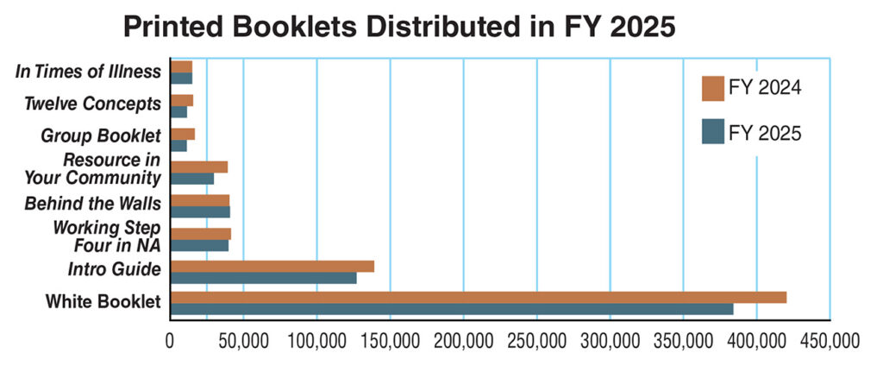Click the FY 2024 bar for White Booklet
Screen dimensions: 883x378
pyautogui.click(x=478, y=298)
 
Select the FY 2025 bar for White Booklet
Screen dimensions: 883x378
pyautogui.click(x=452, y=309)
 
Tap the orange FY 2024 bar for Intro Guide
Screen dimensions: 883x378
pyautogui.click(x=272, y=267)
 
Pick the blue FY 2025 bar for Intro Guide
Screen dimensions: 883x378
pyautogui.click(x=263, y=278)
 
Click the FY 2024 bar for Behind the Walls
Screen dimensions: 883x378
pyautogui.click(x=200, y=200)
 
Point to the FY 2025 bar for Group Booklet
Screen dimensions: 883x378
pyautogui.click(x=178, y=146)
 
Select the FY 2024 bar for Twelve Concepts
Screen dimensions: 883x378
pyautogui.click(x=181, y=100)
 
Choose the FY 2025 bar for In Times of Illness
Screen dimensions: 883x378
pyautogui.click(x=181, y=79)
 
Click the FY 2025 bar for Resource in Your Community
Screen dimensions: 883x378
pyautogui.click(x=192, y=179)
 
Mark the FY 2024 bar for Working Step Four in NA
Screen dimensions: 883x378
pyautogui.click(x=200, y=234)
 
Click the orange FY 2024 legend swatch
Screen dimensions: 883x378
pyautogui.click(x=712, y=88)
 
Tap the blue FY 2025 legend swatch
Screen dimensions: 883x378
pyautogui.click(x=712, y=131)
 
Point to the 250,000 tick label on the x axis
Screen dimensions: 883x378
pyautogui.click(x=536, y=342)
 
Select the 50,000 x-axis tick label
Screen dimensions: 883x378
pyautogui.click(x=242, y=342)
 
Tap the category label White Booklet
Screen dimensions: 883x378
pyautogui.click(x=103, y=302)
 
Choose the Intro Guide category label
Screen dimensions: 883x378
pyautogui.click(x=115, y=269)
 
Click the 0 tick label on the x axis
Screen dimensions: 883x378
pyautogui.click(x=170, y=342)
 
